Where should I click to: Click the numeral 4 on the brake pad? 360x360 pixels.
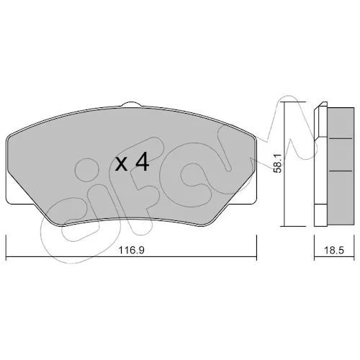142,162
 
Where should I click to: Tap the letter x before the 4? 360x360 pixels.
121,164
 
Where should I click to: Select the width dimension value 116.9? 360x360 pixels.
132,251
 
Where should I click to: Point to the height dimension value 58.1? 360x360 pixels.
278,163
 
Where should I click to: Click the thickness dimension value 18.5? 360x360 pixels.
334,251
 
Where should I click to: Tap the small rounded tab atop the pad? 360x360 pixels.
131,104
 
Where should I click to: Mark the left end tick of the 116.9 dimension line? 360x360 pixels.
6,248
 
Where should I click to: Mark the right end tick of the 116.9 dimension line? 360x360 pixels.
257,248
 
